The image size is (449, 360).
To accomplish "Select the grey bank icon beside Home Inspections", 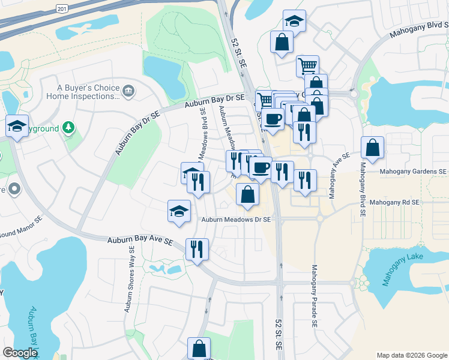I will (128, 91).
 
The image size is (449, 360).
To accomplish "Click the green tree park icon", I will (69, 127).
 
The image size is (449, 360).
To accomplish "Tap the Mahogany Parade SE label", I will (314, 296).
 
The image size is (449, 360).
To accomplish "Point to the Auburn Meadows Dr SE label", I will (236, 220).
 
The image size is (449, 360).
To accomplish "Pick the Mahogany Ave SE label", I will (331, 175).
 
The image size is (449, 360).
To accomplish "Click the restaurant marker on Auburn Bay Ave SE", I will (197, 248).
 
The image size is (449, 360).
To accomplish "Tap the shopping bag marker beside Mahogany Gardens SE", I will (372, 148).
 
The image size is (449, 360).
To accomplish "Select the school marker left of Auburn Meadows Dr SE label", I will (179, 211).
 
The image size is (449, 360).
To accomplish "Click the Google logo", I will (20, 353).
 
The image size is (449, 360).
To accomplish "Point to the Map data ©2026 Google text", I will (411, 355).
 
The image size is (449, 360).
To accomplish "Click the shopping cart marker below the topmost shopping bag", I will (307, 65).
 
